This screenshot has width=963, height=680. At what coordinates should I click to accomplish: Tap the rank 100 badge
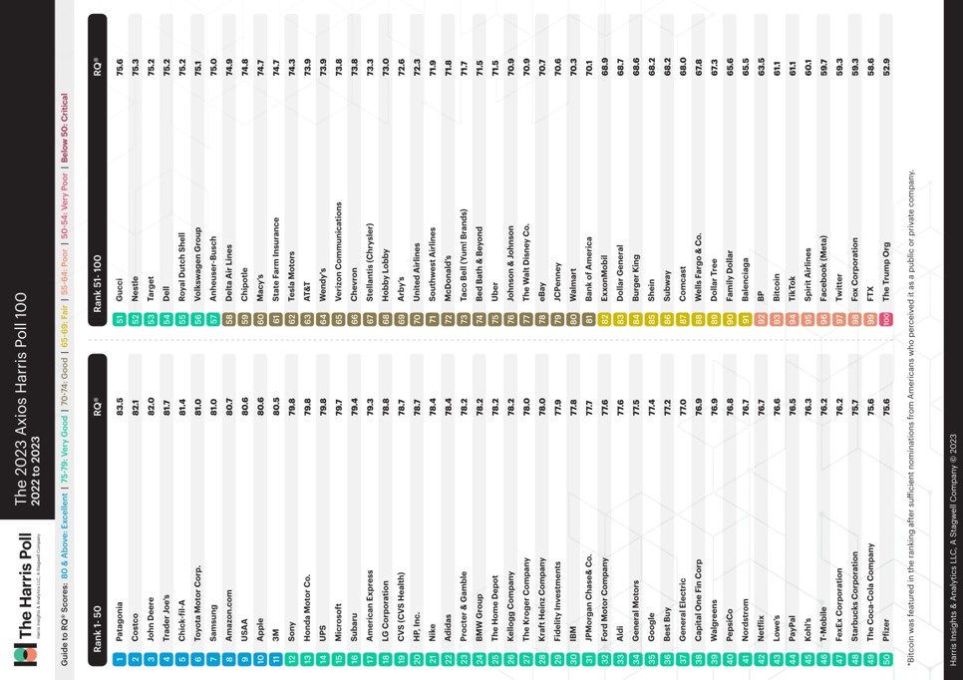(884, 318)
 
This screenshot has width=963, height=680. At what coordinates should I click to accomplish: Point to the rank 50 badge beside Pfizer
(884, 660)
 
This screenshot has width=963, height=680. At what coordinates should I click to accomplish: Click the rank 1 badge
(119, 660)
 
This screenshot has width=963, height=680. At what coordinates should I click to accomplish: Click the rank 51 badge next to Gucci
(119, 318)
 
